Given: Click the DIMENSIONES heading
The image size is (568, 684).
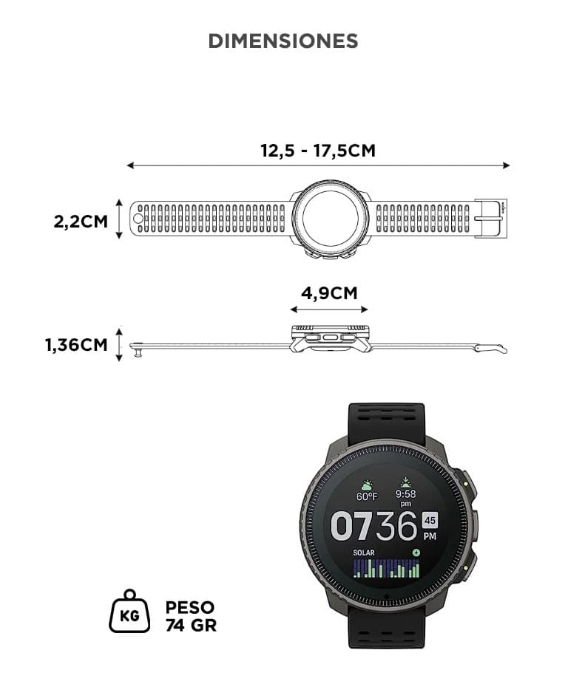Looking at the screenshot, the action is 283,41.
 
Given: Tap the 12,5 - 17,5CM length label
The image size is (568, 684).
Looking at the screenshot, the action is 318,151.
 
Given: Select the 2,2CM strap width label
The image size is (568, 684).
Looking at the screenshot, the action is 81,221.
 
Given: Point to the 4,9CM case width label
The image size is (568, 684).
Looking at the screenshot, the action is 329,293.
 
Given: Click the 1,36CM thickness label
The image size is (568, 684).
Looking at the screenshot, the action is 76,345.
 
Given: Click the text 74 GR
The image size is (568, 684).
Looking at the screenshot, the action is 191,625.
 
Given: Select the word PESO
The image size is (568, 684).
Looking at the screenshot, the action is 190,607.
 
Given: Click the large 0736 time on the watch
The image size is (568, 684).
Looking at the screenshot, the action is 374,527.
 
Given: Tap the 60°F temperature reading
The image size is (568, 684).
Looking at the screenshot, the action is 367,496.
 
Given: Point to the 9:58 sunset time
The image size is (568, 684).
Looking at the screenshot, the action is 405,494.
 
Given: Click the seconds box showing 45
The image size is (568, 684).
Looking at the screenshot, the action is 430,520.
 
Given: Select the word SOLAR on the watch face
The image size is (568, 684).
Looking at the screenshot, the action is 364,553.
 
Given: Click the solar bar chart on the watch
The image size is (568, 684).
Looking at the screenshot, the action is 386,569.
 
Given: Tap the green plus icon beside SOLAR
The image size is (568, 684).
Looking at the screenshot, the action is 416,553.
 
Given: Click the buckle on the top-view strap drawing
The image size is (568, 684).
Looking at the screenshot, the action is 490,219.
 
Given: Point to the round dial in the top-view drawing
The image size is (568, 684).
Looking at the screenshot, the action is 331,218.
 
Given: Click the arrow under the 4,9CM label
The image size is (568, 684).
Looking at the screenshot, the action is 329,309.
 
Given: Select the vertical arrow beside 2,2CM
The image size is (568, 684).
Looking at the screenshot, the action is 119,219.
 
